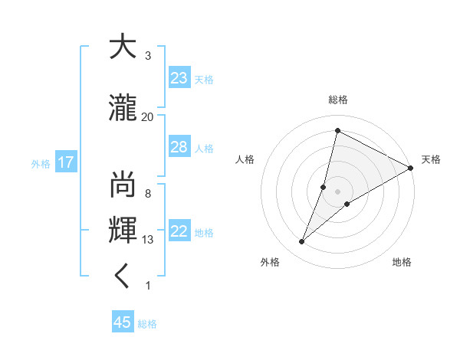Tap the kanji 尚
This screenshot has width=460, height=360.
pos(122,185)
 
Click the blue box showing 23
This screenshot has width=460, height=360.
pos(179,78)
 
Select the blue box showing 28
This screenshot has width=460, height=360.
pos(179,147)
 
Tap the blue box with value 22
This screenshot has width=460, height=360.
pos(179,232)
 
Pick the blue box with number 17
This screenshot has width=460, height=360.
pos(65,162)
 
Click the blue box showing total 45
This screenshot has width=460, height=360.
pos(123,322)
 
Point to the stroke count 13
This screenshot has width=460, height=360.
pos(148,240)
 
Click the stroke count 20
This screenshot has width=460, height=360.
pos(148,116)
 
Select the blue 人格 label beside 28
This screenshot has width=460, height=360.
pos(204,148)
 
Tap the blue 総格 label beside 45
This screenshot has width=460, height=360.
pos(147,323)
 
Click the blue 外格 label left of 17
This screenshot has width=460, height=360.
pos(41,163)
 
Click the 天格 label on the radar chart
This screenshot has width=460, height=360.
pos(431,159)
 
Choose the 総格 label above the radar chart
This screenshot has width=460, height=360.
pos(337,100)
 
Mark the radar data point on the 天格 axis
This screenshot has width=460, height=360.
pos(410,168)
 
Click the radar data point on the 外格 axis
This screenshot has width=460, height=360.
pos(301,242)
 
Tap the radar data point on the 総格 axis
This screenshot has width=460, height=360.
pos(337,131)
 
